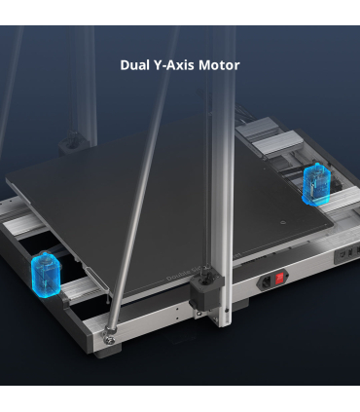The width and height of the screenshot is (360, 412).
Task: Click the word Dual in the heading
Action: point(134,65)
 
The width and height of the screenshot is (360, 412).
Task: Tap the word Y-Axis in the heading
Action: point(173,65)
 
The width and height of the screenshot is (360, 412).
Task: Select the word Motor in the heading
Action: point(219,65)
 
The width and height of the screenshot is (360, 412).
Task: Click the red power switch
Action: point(279,279)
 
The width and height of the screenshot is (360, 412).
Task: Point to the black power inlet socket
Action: point(267,281)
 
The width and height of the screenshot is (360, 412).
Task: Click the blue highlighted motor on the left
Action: point(46,275)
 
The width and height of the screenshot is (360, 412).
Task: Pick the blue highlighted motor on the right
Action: point(316,184)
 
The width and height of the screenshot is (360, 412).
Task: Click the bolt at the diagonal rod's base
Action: point(111,340)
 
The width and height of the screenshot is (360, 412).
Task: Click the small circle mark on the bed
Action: point(283,223)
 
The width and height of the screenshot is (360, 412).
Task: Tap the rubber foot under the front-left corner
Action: point(108,352)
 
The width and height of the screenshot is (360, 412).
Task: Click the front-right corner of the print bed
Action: point(332,228)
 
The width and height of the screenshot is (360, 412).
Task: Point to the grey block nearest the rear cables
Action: point(255,128)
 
